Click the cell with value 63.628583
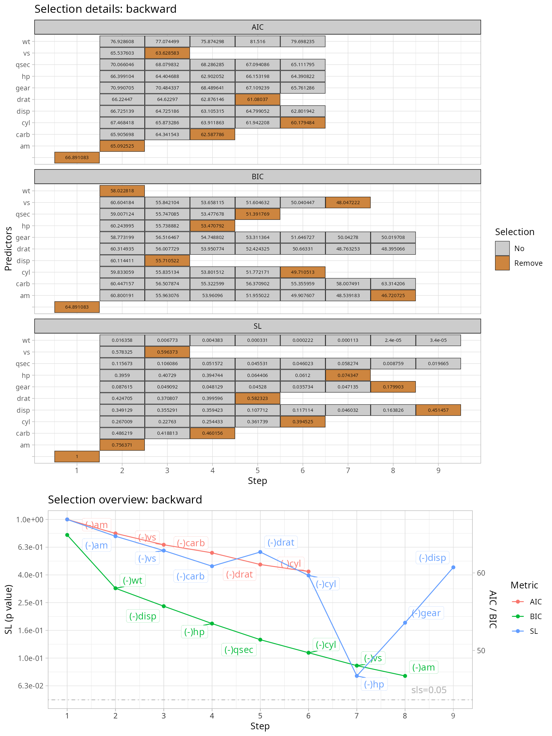pos(167,53)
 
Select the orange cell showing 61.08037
pos(257,99)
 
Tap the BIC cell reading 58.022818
pos(122,191)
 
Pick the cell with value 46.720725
pos(393,295)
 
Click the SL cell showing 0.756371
pos(122,445)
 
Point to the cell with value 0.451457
pos(438,410)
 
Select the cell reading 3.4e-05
pos(438,340)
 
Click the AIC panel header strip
pos(257,27)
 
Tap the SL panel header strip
pos(257,326)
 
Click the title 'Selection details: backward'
pos(105,9)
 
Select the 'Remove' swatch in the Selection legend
pos(502,263)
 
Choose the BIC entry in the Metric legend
pos(535,616)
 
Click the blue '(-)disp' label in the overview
pos(432,558)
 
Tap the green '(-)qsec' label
pos(239,649)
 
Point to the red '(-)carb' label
pos(191,543)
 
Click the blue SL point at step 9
pos(453,567)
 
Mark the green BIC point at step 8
pos(405,676)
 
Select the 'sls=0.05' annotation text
pos(429,690)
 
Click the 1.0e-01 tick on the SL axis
pos(30,658)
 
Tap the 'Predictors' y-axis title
pos(8,249)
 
